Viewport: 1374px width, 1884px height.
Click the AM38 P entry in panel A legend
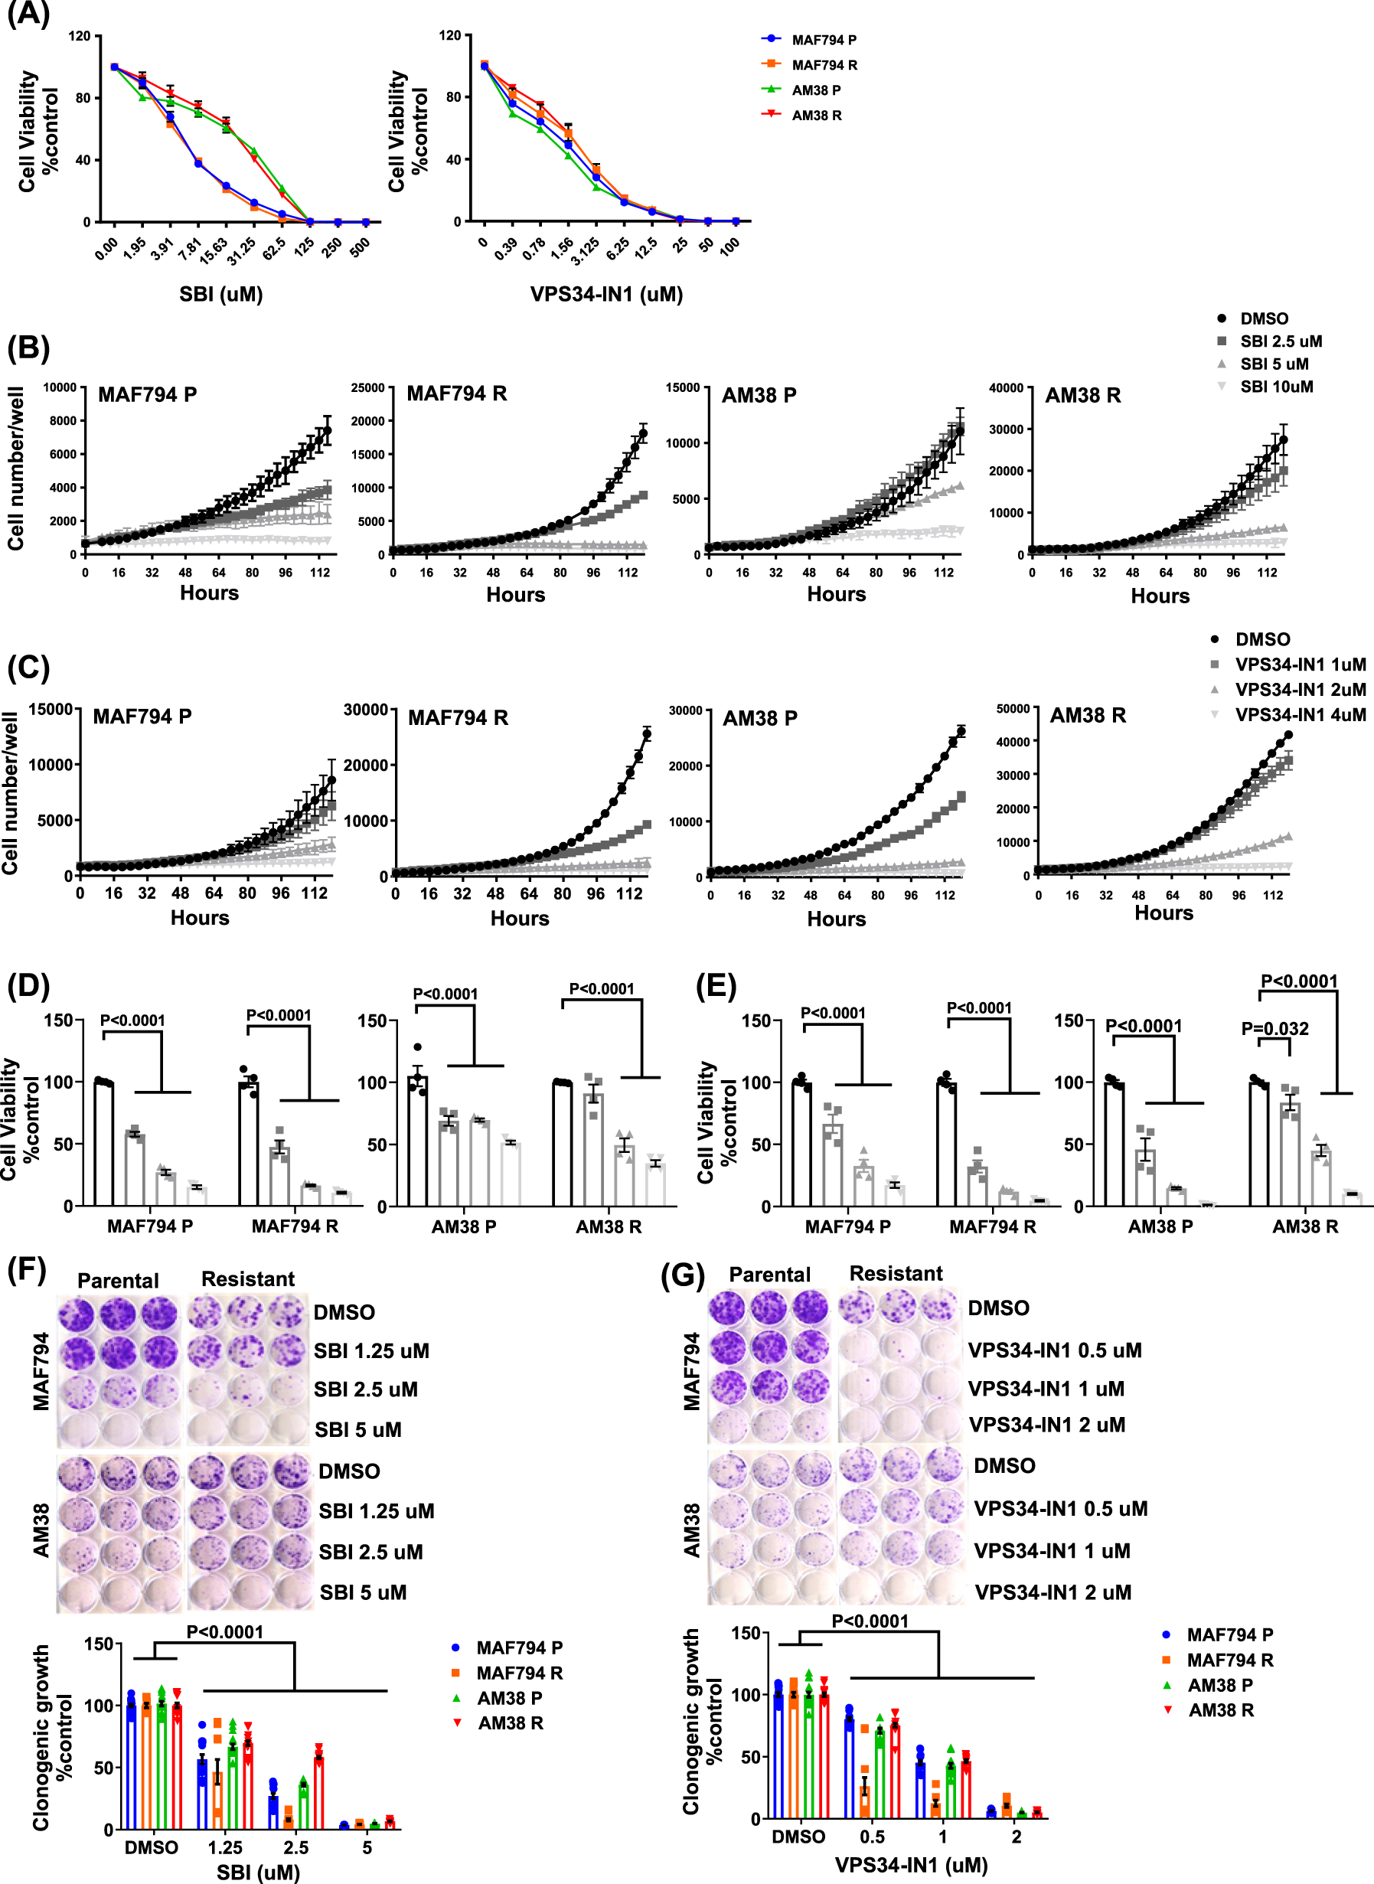(x=815, y=90)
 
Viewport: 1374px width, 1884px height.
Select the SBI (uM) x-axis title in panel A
(x=220, y=295)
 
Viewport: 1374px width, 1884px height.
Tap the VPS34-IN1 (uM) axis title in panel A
(x=606, y=295)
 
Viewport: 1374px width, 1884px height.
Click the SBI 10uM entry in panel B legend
(x=1276, y=387)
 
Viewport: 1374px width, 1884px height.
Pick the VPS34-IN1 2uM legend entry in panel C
(x=1299, y=690)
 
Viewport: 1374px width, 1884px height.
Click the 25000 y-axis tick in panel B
(x=367, y=387)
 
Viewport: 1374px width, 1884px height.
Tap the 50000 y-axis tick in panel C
(x=1012, y=709)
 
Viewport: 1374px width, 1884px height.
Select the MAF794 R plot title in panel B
(x=457, y=393)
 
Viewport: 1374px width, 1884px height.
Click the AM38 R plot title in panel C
(x=1087, y=715)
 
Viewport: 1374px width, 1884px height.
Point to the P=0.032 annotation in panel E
(x=1274, y=1029)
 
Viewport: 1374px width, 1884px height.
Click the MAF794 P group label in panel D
(x=150, y=1226)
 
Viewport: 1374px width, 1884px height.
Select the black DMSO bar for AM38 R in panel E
(x=1258, y=1144)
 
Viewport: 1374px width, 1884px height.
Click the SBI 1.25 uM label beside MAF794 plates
(x=371, y=1351)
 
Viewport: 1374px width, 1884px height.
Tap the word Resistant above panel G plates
(x=896, y=1273)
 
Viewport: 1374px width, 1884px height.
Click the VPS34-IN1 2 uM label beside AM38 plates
(x=1053, y=1592)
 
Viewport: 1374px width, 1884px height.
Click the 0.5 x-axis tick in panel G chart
(x=872, y=1837)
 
